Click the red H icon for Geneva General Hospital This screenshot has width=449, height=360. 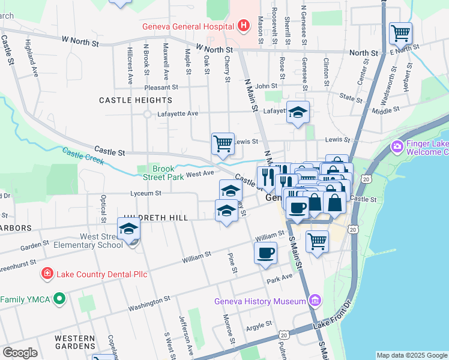point(243,26)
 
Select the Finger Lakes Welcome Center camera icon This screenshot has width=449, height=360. point(397,146)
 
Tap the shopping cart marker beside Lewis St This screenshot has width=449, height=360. point(223,144)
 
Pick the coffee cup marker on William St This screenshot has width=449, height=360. point(266,253)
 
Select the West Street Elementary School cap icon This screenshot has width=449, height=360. point(128,229)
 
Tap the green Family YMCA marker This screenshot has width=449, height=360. point(59,298)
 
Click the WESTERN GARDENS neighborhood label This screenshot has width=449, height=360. point(75,342)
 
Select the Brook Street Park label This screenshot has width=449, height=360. point(163,173)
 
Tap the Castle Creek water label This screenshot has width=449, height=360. point(83,158)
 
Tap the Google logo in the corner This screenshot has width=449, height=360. point(20,353)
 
